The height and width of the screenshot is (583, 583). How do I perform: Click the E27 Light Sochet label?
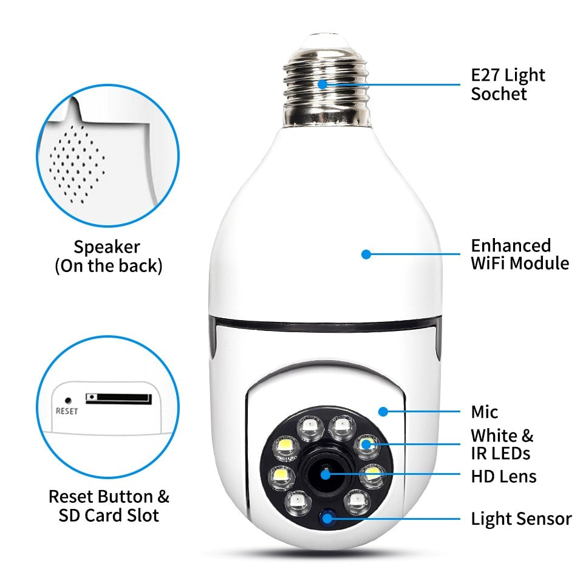(x=508, y=84)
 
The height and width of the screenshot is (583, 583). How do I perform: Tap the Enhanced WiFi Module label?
(x=520, y=254)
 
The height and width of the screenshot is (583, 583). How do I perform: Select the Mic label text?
(x=484, y=412)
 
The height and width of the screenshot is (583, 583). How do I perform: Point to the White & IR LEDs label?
(x=502, y=444)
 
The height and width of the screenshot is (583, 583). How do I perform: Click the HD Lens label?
(x=503, y=476)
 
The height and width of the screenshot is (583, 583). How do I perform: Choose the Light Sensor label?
(x=521, y=519)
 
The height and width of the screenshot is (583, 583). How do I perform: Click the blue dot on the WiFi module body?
(x=366, y=254)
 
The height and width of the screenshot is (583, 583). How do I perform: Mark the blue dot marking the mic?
(x=383, y=412)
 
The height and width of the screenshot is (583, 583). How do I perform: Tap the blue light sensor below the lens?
(x=329, y=518)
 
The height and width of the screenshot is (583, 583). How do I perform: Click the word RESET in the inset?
(x=67, y=411)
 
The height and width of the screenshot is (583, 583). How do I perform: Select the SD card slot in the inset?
(x=118, y=398)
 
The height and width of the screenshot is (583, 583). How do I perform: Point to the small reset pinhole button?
(x=67, y=400)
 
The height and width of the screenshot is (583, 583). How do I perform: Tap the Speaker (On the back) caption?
(x=108, y=256)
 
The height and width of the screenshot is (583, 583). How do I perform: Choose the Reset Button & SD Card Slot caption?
(x=109, y=506)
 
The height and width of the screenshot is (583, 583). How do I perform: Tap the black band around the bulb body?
(x=322, y=325)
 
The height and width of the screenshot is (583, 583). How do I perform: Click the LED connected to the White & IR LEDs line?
(x=366, y=444)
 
